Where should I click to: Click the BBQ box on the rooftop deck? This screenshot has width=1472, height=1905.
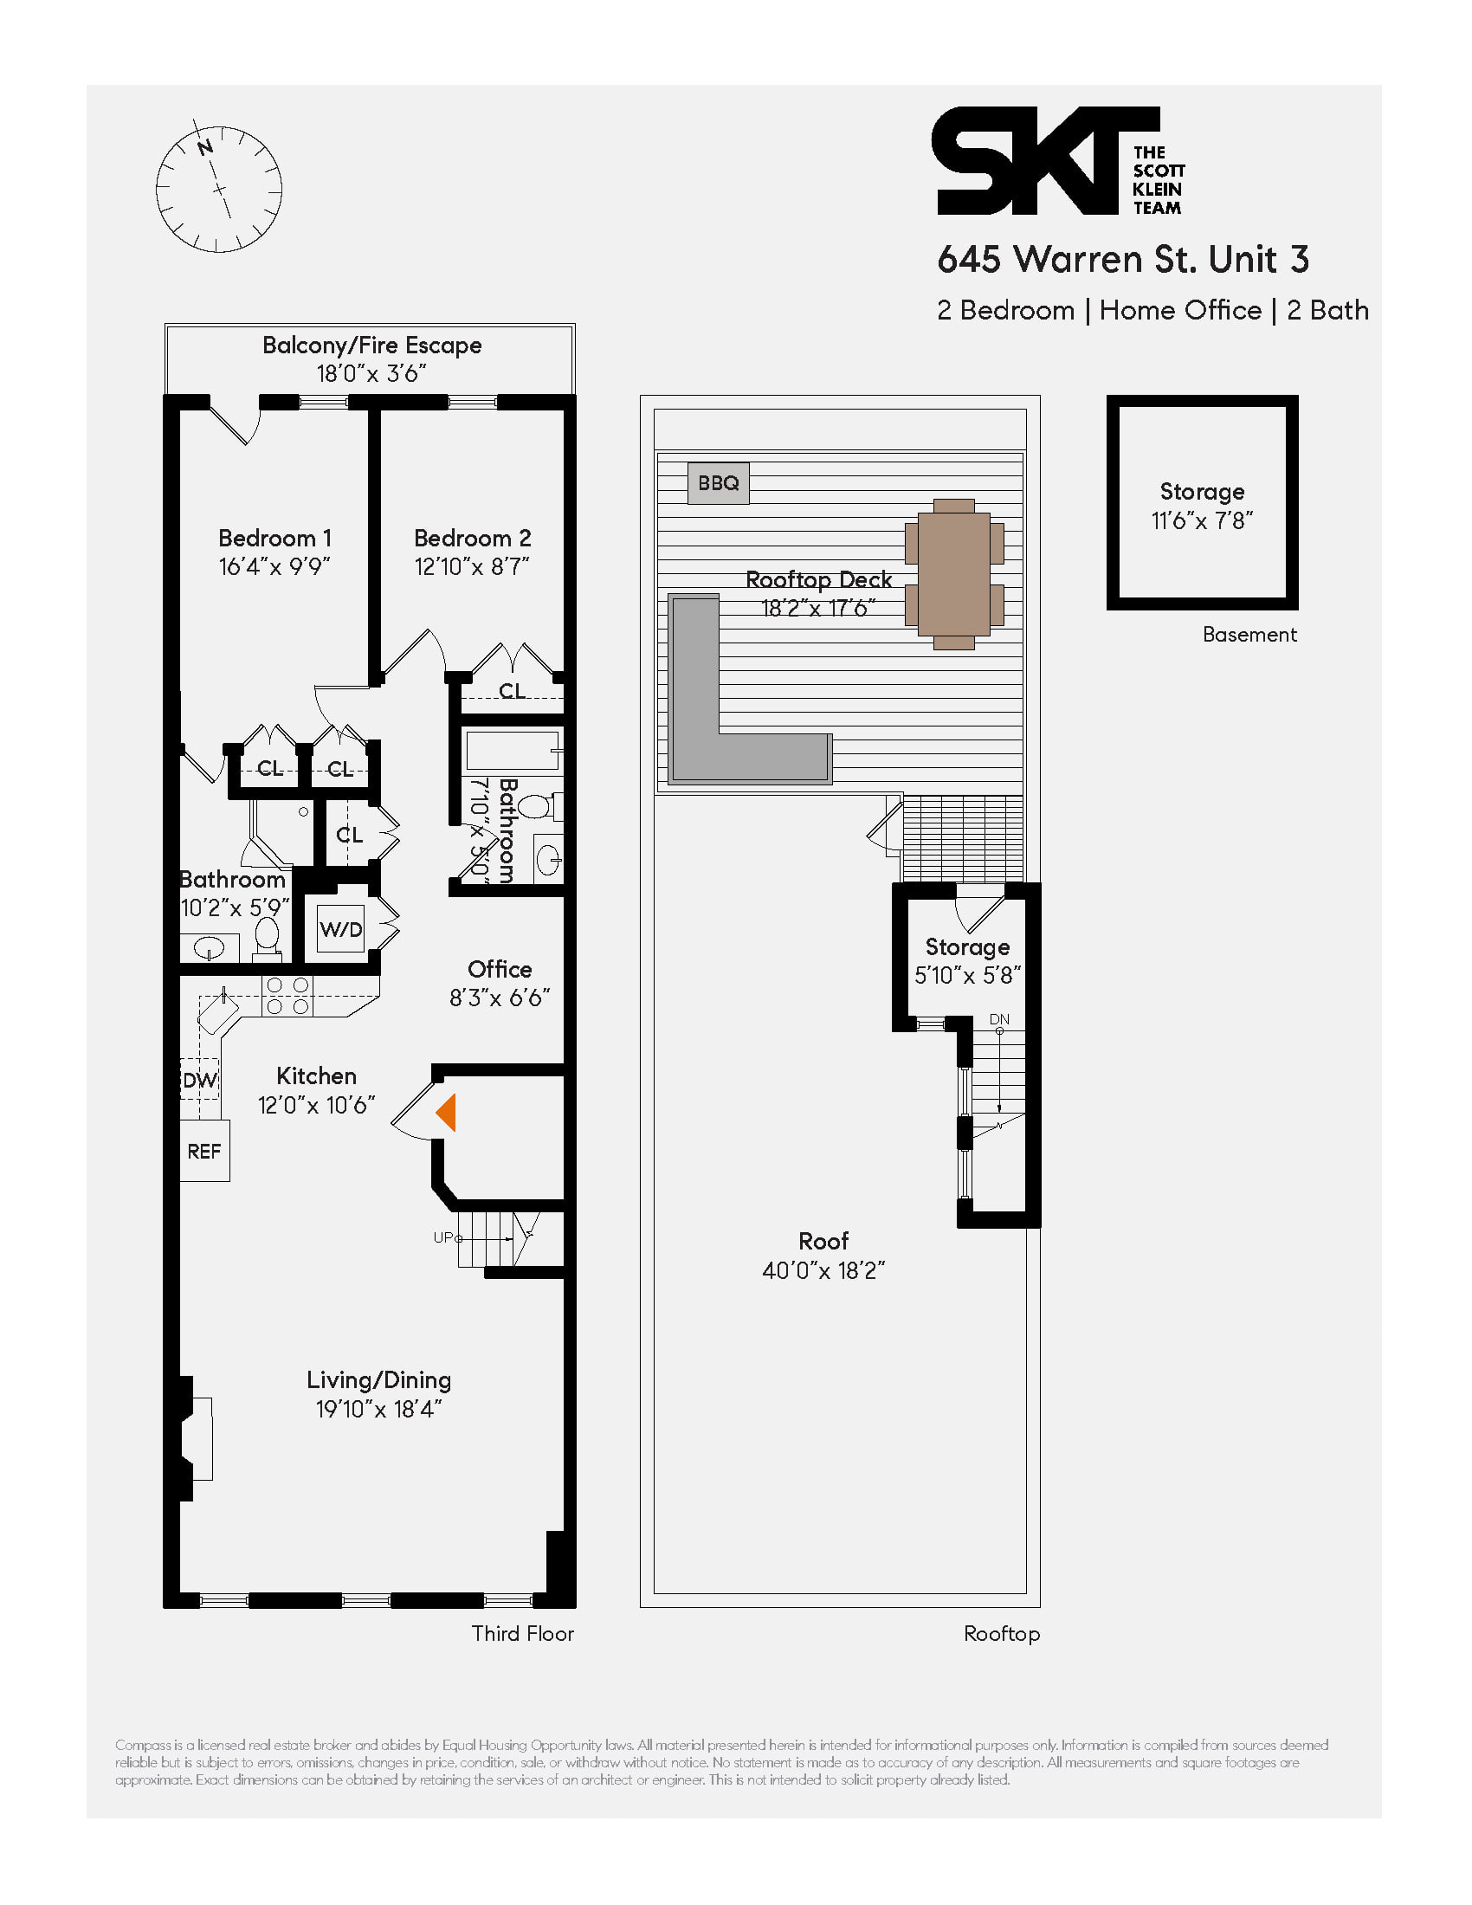(x=718, y=483)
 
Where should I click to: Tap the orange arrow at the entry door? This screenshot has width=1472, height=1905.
(x=447, y=1113)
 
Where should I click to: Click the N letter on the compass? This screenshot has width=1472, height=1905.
(x=205, y=147)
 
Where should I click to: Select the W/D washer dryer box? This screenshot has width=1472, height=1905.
(x=340, y=929)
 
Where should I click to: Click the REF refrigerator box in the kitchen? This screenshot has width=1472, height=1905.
(x=204, y=1152)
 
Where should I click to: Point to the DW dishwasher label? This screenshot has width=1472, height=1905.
(x=200, y=1080)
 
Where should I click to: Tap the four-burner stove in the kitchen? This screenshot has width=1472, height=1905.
(x=287, y=996)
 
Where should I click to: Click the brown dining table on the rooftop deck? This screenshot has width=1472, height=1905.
(x=954, y=575)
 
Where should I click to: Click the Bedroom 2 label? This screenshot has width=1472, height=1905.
(x=472, y=539)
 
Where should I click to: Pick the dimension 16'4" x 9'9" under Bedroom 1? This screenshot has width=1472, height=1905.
(x=274, y=567)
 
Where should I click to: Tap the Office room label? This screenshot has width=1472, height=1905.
(x=499, y=969)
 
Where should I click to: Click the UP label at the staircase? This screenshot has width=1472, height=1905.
(x=443, y=1237)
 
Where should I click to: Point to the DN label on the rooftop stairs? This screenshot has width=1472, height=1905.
(x=999, y=1019)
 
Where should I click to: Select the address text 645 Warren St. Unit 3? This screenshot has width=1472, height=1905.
(x=1122, y=259)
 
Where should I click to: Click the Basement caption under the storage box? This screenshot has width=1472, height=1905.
(x=1249, y=635)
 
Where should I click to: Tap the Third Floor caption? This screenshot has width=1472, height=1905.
(x=522, y=1634)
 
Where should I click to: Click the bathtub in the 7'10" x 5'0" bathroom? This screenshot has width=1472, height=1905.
(x=512, y=750)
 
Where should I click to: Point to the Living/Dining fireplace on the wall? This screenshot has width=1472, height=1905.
(x=197, y=1438)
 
